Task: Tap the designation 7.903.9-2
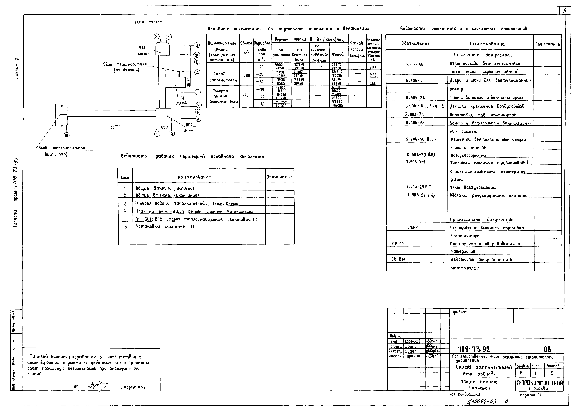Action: (x=416, y=162)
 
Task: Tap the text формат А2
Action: (x=531, y=395)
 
